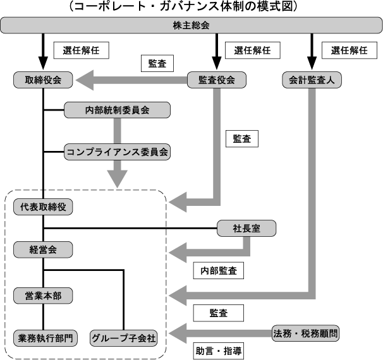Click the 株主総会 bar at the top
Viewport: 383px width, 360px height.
pyautogui.click(x=191, y=26)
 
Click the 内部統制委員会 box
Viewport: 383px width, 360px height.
pyautogui.click(x=118, y=110)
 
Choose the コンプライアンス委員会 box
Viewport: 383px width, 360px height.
pyautogui.click(x=118, y=152)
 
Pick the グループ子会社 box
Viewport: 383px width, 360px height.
pyautogui.click(x=123, y=337)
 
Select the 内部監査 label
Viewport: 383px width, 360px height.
pyautogui.click(x=219, y=270)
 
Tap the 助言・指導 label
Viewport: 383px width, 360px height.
pyautogui.click(x=219, y=350)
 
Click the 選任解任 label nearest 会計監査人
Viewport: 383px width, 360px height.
pyautogui.click(x=344, y=49)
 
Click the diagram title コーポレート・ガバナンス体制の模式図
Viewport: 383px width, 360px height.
pyautogui.click(x=191, y=7)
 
